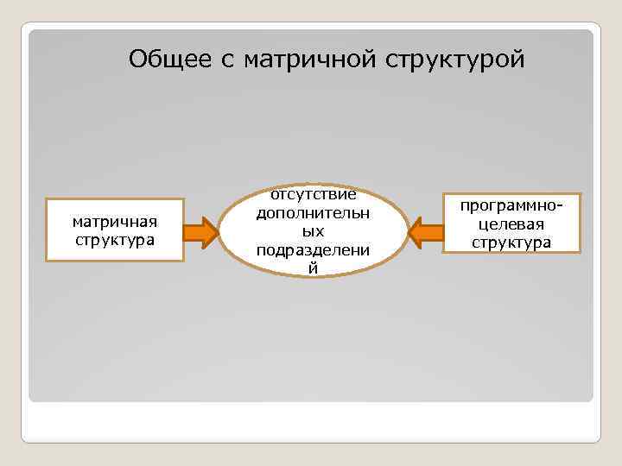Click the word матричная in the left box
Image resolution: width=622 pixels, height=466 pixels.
115,223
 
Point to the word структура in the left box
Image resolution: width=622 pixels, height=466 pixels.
115,239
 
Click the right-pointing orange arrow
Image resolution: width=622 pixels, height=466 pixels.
200,231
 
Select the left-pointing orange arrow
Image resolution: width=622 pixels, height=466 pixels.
425,231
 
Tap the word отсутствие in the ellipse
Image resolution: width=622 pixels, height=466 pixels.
313,196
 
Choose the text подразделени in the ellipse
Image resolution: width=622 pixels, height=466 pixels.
313,250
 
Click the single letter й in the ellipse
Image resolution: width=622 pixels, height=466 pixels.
313,268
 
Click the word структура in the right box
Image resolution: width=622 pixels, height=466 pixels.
511,242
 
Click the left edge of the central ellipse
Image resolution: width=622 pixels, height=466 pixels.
219,231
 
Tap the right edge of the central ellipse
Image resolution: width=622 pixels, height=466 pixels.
408,231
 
